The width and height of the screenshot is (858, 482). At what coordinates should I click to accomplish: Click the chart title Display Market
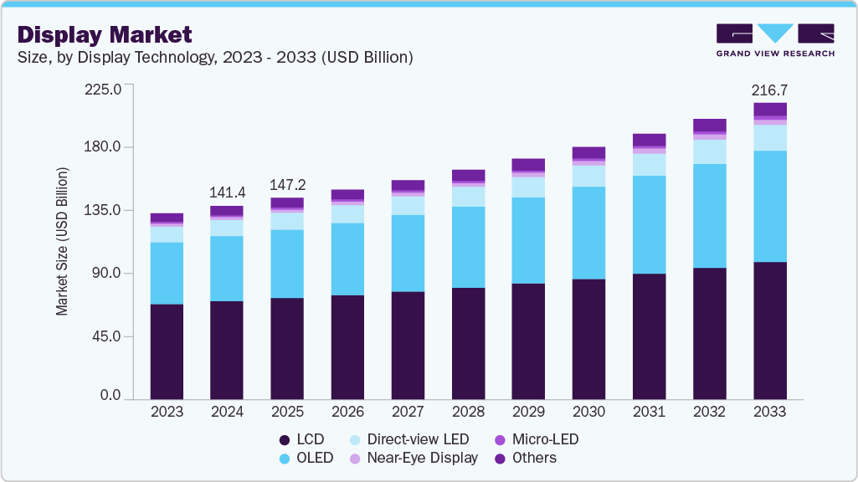[105, 34]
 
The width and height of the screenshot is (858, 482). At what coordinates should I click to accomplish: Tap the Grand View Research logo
[775, 39]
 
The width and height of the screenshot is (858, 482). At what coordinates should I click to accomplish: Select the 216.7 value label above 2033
[770, 90]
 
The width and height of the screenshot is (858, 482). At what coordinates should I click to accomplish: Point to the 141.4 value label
[227, 192]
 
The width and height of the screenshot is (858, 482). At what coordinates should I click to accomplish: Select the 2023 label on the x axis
[167, 412]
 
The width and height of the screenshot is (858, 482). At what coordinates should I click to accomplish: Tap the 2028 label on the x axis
[468, 412]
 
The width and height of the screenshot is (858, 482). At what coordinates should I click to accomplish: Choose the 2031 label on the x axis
[649, 412]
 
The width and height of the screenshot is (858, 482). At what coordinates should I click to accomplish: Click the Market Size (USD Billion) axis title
[62, 242]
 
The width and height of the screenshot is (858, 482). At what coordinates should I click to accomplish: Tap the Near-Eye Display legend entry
[422, 458]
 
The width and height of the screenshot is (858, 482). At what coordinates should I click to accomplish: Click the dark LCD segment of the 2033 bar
[770, 331]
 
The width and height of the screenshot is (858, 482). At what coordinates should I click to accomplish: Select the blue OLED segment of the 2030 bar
[588, 233]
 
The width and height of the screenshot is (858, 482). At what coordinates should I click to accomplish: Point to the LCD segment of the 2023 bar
[167, 351]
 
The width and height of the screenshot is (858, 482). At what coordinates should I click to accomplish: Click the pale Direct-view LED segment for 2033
[770, 138]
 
